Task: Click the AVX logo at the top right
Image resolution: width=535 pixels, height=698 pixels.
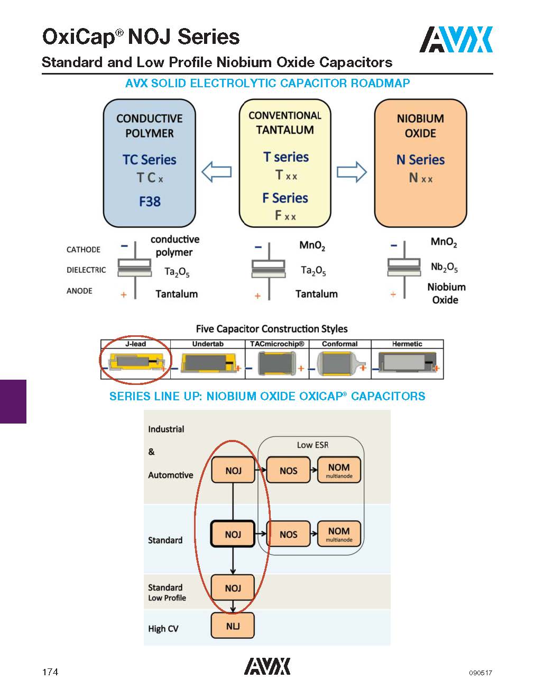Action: (456, 40)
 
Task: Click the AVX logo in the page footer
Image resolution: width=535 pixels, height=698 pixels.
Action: (267, 666)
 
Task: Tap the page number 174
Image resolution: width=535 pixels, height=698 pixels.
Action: (50, 672)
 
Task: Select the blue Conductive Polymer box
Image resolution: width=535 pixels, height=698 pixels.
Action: (149, 163)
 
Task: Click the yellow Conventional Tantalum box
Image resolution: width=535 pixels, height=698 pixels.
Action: (285, 163)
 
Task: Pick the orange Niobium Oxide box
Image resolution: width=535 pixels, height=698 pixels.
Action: (420, 163)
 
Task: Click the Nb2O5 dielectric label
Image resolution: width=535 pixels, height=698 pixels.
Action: (444, 268)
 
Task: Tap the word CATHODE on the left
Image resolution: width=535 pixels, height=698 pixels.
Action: (83, 250)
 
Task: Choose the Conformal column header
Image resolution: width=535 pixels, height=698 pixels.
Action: (339, 344)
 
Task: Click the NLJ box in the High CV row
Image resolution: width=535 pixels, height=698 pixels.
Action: (233, 626)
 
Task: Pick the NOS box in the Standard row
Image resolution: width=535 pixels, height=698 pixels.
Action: (288, 534)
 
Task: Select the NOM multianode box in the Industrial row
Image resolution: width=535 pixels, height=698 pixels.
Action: (339, 470)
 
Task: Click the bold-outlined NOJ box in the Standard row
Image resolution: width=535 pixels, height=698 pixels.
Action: (233, 534)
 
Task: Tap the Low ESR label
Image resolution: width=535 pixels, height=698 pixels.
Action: (312, 445)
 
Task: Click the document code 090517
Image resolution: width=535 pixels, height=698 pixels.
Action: (480, 673)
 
